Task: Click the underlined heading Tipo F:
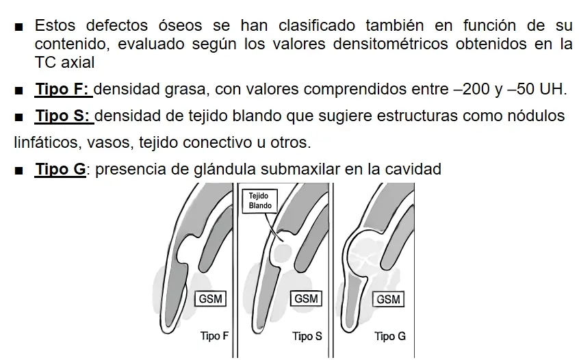click(x=63, y=89)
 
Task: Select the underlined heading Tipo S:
click(x=63, y=116)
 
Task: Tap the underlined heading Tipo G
click(x=60, y=169)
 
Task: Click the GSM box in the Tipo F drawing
click(x=211, y=299)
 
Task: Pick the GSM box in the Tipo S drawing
click(x=305, y=299)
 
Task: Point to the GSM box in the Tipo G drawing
click(x=388, y=300)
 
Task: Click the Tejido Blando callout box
click(x=260, y=201)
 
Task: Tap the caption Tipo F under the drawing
click(x=214, y=336)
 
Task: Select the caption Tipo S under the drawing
click(x=307, y=336)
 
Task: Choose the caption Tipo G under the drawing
click(x=390, y=336)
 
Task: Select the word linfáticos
click(x=42, y=143)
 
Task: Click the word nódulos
click(x=536, y=116)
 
